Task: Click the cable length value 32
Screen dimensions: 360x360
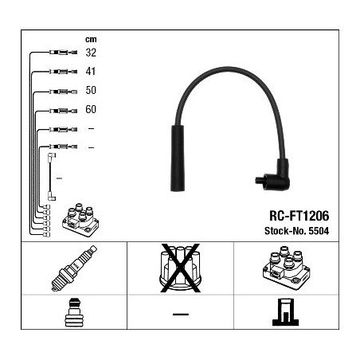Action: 91,53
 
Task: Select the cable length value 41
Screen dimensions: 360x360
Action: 91,71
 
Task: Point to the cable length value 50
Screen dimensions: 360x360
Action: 91,90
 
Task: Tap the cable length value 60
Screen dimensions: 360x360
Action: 91,109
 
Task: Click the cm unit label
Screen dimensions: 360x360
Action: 91,40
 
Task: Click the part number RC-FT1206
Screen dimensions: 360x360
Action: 299,216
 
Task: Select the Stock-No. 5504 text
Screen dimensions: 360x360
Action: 296,231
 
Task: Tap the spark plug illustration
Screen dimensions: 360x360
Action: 74,268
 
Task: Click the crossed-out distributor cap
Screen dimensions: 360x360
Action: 180,268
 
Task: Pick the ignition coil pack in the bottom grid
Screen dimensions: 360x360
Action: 287,268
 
